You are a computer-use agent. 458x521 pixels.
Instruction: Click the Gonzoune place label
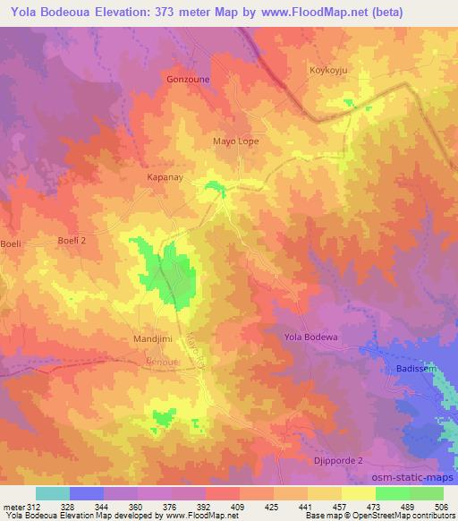(x=186, y=79)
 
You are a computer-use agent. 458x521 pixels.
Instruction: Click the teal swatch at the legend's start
(x=52, y=493)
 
